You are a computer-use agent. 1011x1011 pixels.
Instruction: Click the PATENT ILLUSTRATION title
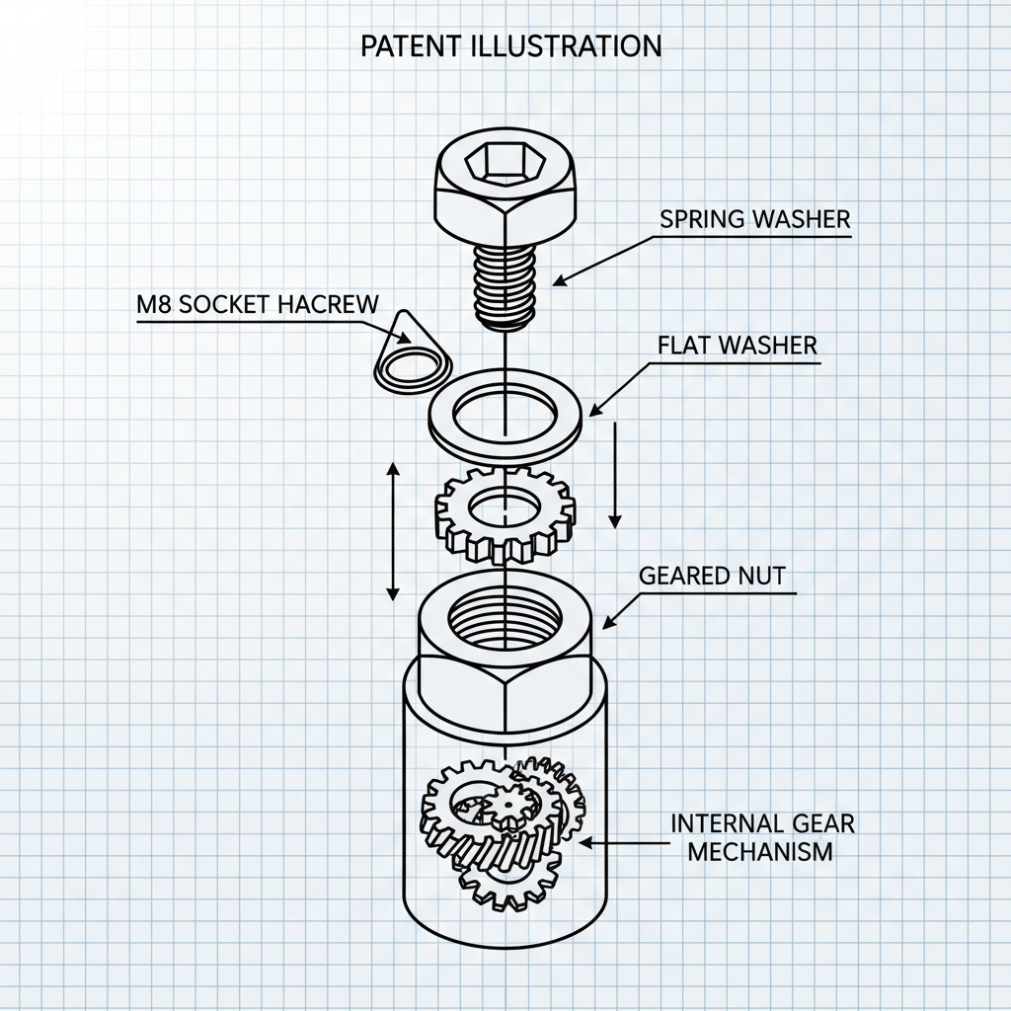point(511,46)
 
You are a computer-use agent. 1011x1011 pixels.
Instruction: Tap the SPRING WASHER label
point(754,219)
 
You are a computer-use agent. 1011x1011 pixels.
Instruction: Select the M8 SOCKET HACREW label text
point(256,304)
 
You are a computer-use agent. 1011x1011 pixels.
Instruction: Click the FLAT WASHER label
point(737,346)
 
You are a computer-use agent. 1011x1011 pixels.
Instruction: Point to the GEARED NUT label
point(712,576)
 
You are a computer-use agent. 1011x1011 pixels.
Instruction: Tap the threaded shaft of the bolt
point(505,281)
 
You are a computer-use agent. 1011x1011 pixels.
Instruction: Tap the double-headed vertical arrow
point(392,532)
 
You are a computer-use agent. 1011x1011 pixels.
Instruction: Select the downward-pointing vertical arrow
point(615,474)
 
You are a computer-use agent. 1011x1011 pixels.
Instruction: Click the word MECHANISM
point(760,851)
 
